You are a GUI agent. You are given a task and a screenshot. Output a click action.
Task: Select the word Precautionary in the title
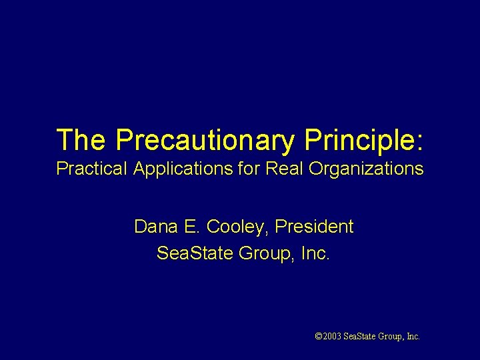point(205,140)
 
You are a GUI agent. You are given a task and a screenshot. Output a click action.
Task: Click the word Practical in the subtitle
point(92,169)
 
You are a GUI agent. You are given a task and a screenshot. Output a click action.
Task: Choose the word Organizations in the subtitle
point(365,169)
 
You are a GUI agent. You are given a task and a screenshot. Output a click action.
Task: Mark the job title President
point(313,227)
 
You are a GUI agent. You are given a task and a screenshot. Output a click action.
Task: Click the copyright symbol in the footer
point(318,337)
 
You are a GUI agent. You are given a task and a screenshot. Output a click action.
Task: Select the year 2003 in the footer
point(331,337)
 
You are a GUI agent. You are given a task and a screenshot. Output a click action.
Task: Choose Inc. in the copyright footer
point(413,337)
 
